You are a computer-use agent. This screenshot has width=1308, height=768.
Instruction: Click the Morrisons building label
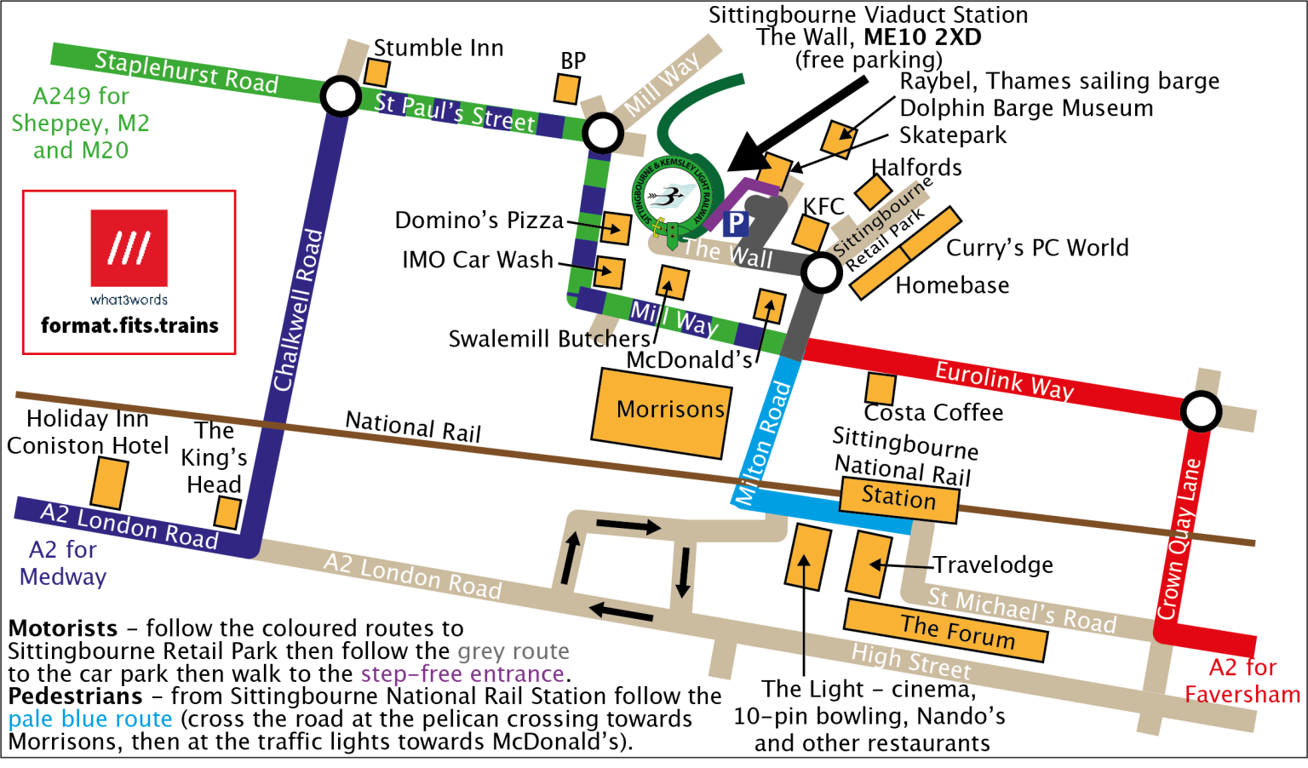point(670,410)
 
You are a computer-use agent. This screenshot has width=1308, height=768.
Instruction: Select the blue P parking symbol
point(735,224)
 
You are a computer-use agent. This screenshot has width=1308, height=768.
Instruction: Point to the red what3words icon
point(129,248)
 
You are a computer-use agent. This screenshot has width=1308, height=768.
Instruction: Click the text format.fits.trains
point(129,325)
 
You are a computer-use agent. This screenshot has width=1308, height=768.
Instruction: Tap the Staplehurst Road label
point(186,72)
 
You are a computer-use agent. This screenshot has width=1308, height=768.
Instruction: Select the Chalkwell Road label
point(298,310)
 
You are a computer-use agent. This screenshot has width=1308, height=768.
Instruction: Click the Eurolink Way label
point(1004,380)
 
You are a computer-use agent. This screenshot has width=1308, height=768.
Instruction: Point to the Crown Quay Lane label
point(1179,539)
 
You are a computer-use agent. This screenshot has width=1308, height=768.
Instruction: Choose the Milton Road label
point(763,443)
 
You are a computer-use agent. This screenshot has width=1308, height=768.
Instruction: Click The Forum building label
point(957,632)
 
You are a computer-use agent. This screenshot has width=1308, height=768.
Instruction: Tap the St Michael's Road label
point(1021,610)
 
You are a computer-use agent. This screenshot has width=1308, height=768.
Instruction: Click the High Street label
point(911,662)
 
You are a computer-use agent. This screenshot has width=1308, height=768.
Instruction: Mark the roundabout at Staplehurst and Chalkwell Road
point(341,96)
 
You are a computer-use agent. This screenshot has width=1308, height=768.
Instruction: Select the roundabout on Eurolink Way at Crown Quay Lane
point(1202,412)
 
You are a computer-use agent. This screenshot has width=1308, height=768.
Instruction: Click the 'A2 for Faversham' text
point(1242,680)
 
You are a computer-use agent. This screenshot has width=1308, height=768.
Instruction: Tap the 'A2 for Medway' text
point(63,563)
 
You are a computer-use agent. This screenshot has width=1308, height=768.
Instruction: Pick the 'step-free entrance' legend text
point(462,674)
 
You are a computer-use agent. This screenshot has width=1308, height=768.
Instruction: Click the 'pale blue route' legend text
point(90,719)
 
